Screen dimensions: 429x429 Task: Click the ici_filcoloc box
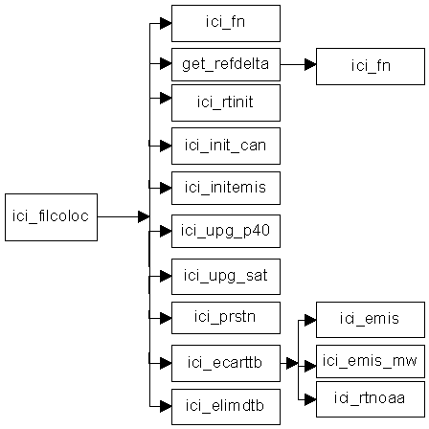tap(51, 217)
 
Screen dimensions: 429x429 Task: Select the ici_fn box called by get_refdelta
tap(371, 66)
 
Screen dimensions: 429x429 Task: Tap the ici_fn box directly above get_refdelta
tap(226, 23)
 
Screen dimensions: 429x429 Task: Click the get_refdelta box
tap(226, 64)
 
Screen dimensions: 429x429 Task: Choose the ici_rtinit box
tap(226, 102)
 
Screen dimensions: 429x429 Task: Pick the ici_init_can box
tap(226, 146)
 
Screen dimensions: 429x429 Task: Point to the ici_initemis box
tap(226, 188)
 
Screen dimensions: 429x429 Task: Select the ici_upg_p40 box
tap(226, 231)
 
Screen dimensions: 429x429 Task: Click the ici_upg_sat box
tap(226, 277)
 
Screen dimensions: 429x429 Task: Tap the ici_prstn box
tap(226, 318)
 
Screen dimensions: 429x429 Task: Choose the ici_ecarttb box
tap(226, 363)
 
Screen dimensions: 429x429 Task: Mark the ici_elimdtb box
tap(226, 407)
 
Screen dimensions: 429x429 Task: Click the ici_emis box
tap(371, 320)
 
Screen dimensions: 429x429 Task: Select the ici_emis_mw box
tap(371, 361)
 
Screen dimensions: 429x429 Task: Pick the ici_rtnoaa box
tap(371, 399)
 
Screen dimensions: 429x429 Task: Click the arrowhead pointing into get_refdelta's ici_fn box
tap(310, 64)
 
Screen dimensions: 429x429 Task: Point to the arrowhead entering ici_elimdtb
tap(166, 407)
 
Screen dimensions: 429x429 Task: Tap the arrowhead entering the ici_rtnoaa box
tap(310, 399)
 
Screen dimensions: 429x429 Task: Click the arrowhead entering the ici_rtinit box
tap(166, 98)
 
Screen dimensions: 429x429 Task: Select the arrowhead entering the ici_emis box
tap(310, 320)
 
